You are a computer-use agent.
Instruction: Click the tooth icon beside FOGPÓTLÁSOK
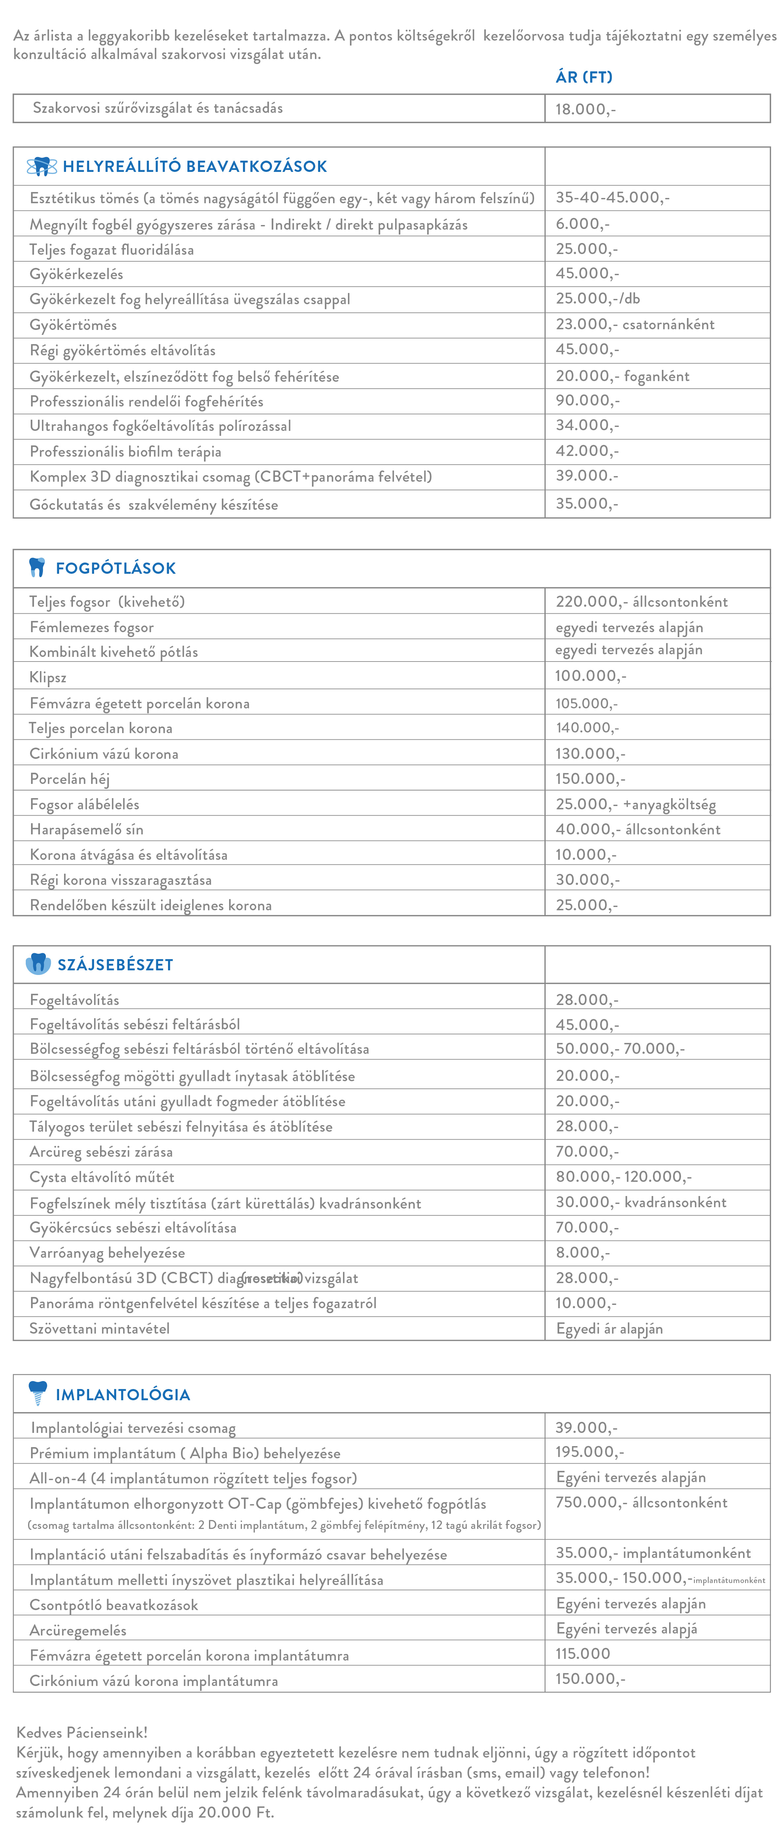(x=37, y=567)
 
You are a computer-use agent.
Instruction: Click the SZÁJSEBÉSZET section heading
(x=116, y=965)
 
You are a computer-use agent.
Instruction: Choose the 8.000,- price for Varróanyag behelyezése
(x=583, y=1253)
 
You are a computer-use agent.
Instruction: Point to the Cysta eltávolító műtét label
(x=102, y=1178)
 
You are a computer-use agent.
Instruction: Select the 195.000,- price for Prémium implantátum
(x=589, y=1452)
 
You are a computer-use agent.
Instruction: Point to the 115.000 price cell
(x=583, y=1654)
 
